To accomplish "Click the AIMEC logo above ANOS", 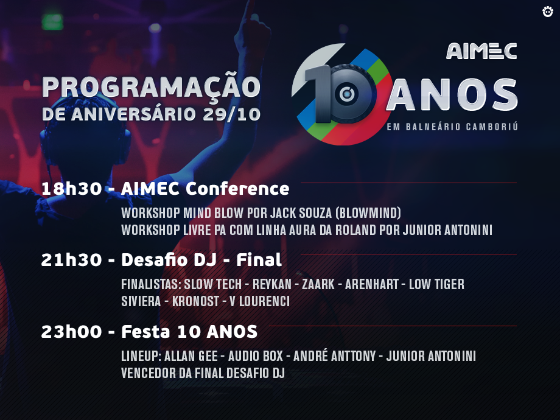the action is point(481,51).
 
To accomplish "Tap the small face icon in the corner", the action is point(547,12).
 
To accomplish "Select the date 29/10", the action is point(231,114).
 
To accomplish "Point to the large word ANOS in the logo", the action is point(452,94).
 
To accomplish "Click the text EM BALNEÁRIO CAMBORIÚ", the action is point(452,127).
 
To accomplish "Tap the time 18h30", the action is point(72,189).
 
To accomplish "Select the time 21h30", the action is point(72,260).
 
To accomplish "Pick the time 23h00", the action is point(72,332).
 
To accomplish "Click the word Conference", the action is point(237,189).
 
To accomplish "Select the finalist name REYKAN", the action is point(272,284).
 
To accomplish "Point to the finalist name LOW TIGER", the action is point(437,284).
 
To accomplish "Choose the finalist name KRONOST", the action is point(196,301).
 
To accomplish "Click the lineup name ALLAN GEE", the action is point(191,356).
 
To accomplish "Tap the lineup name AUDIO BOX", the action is point(256,356).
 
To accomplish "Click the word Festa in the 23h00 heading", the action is point(145,332).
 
